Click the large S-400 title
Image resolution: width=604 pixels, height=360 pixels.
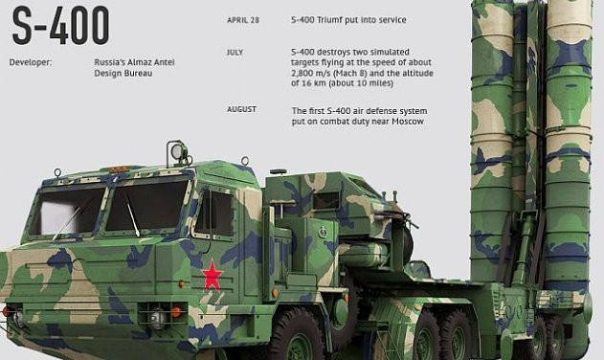coord(60,26)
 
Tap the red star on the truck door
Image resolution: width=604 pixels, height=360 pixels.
coord(213,276)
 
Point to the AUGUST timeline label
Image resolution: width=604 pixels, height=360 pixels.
coord(242,109)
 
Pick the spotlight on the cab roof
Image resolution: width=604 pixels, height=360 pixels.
coord(177,151)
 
